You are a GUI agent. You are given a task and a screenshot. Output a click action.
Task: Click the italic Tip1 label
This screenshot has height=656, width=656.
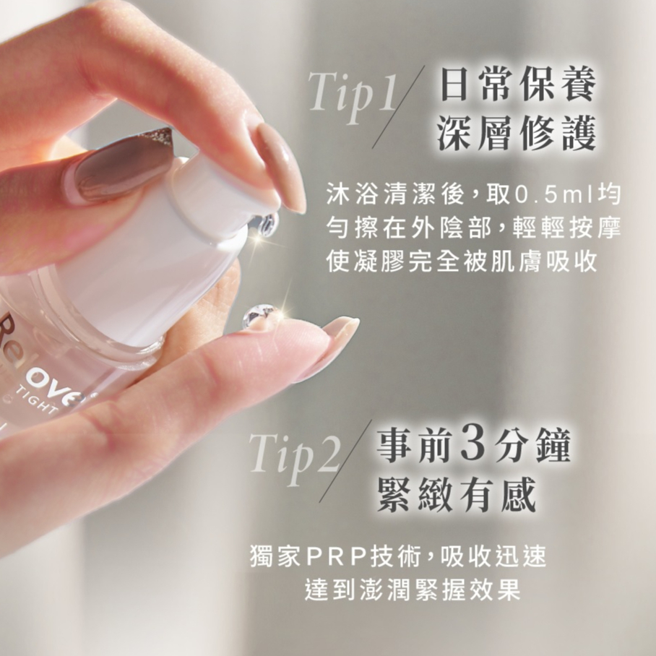point(353,96)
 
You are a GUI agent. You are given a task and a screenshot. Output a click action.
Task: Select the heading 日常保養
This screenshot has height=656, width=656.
point(518,85)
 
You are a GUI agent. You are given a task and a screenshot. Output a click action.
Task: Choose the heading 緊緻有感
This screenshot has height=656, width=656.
point(457,493)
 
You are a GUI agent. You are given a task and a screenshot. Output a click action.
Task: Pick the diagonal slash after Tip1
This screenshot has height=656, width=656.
point(398,107)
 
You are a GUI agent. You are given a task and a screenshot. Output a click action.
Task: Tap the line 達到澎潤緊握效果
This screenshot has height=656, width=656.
point(413,590)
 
